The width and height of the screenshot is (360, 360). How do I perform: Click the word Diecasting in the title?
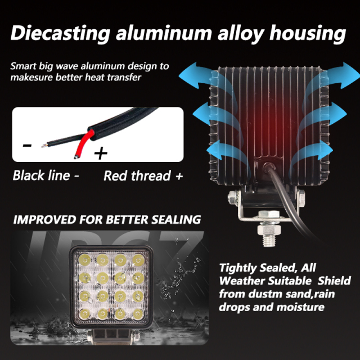(x=60, y=33)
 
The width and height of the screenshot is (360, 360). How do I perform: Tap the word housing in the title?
(x=308, y=34)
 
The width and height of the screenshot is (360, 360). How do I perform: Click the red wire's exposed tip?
(x=76, y=157)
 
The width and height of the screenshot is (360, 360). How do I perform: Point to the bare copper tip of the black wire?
(x=44, y=145)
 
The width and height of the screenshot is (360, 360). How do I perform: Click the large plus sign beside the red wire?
(x=101, y=154)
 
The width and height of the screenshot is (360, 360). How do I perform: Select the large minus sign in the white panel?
(x=28, y=145)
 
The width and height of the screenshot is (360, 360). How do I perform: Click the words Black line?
(x=41, y=175)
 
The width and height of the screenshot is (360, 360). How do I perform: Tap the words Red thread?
(x=137, y=176)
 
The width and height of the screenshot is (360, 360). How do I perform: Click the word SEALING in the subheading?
(x=176, y=219)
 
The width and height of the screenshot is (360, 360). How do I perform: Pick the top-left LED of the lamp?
(x=85, y=260)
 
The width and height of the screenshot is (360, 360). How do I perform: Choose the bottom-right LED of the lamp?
(x=138, y=314)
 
